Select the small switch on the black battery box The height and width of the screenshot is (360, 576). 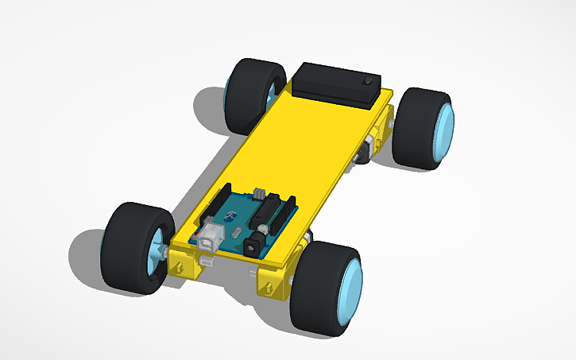click(367, 82)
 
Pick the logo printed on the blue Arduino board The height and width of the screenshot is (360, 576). click(232, 215)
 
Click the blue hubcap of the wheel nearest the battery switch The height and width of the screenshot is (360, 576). click(444, 131)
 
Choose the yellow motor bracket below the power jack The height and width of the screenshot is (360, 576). click(275, 282)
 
